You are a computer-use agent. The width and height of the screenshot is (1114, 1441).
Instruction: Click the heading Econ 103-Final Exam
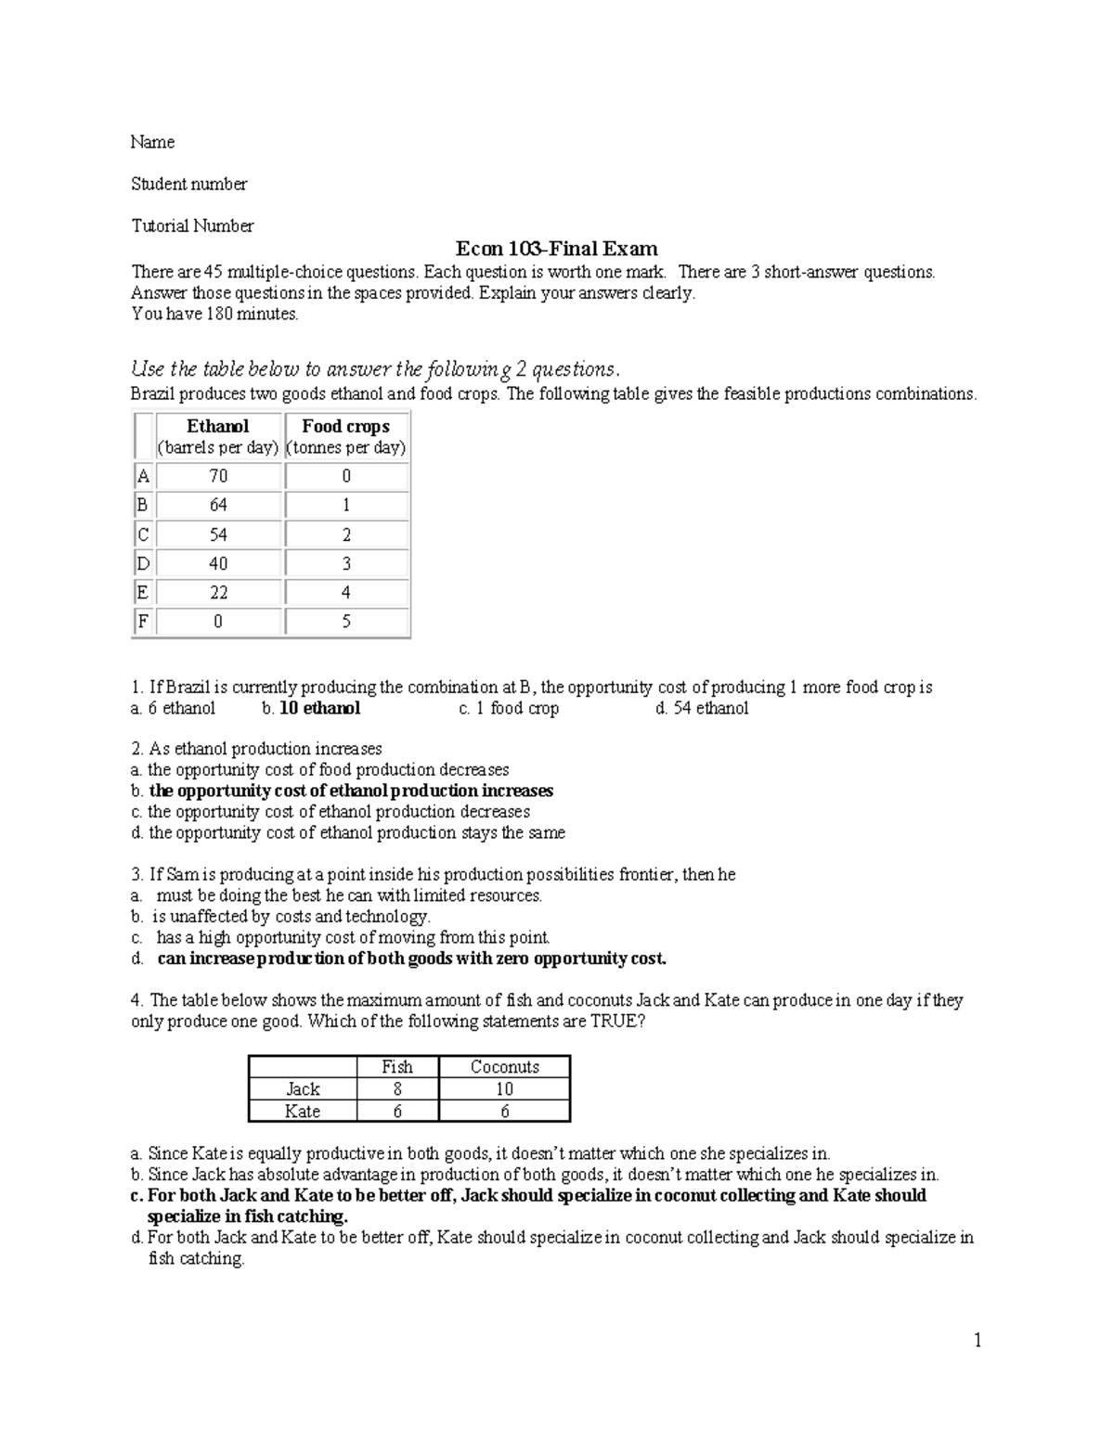[x=556, y=249]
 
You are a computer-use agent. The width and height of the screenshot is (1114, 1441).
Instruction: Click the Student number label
[x=188, y=184]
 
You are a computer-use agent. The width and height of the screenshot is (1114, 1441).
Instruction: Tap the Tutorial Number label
[x=192, y=225]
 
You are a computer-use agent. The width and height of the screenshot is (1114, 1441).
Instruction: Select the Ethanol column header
[x=218, y=426]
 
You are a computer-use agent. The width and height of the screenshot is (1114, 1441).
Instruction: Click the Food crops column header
[x=345, y=426]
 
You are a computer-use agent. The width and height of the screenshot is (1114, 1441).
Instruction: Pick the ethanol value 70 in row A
[x=218, y=476]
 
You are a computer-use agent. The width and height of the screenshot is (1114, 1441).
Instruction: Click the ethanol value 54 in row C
[x=218, y=534]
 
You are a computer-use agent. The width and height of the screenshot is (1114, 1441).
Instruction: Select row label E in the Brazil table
[x=142, y=592]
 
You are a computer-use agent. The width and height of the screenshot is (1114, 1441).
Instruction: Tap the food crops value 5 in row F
[x=346, y=622]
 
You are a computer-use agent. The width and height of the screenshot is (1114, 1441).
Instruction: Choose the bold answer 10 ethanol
[x=319, y=708]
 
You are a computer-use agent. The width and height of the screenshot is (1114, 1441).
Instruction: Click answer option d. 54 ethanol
[x=701, y=708]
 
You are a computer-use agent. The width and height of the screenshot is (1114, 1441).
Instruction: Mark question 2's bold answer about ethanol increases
[x=351, y=791]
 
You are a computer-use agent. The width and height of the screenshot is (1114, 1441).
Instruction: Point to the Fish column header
[x=397, y=1067]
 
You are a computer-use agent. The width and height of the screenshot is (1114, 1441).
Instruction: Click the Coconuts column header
[x=504, y=1067]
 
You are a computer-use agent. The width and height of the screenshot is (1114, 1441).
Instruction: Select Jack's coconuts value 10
[x=504, y=1089]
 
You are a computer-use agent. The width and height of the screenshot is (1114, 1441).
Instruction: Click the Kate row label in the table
[x=303, y=1112]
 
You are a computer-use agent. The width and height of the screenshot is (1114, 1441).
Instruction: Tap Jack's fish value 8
[x=397, y=1089]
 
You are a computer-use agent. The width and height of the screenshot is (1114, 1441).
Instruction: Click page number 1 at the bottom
[x=978, y=1339]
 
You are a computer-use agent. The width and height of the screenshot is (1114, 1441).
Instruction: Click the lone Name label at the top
[x=152, y=142]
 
